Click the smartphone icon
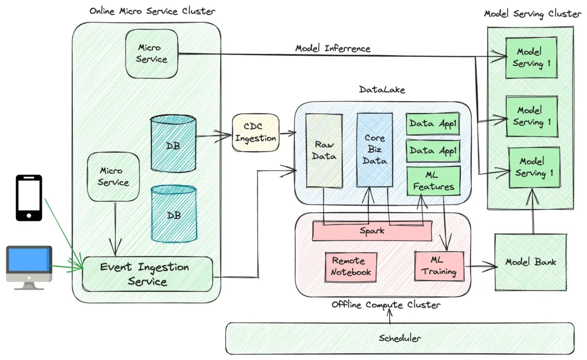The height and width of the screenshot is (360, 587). pos(29,198)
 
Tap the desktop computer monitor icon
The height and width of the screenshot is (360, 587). pos(29,264)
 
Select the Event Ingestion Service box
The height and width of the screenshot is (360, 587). pos(147,274)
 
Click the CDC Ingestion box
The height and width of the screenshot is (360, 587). pos(255,132)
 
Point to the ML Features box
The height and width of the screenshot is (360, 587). pos(433,181)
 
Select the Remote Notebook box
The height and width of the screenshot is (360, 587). pos(351,267)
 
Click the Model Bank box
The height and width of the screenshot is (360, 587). pos(530,263)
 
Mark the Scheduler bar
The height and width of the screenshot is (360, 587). pos(400,338)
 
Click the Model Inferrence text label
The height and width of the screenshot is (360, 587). pos(332,49)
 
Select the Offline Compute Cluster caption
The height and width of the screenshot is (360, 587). pos(386,305)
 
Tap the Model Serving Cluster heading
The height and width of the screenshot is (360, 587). pos(533,14)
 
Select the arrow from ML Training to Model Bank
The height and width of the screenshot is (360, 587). pos(482,266)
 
